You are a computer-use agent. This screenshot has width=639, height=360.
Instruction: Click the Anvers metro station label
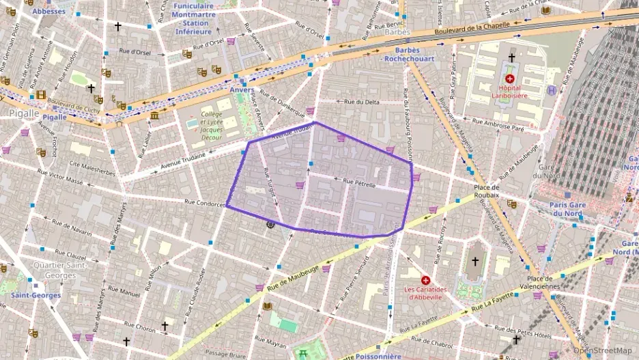(x=242, y=89)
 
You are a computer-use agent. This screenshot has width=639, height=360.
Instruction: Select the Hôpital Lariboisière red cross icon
(x=510, y=79)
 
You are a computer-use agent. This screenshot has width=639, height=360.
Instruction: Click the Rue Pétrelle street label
(x=361, y=183)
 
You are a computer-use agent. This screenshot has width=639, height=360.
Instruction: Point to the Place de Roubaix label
(x=486, y=191)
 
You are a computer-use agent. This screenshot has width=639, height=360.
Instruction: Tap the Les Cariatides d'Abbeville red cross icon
(x=426, y=280)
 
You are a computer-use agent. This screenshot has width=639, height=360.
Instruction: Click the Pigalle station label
(x=55, y=117)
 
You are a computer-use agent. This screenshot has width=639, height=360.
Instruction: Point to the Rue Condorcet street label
(x=205, y=202)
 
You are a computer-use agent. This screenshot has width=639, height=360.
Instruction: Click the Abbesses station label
(x=49, y=12)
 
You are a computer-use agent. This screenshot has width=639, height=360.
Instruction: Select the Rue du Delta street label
(x=362, y=102)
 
